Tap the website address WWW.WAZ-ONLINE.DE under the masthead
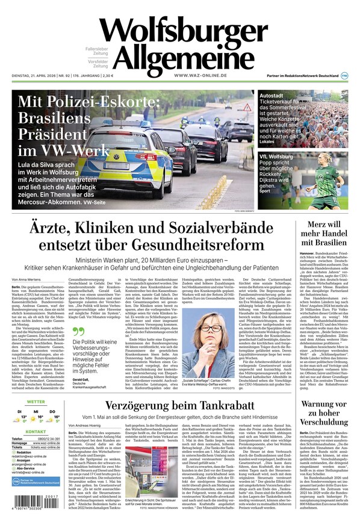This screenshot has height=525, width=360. point(200,75)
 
